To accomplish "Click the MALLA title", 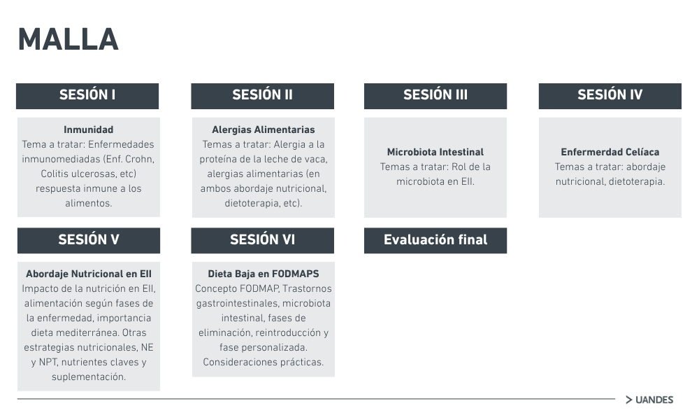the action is pos(69,40).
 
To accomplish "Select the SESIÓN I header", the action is pos(87,96).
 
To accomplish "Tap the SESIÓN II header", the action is pos(263,96).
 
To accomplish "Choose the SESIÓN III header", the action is pos(435,96).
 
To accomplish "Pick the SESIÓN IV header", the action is pos(610,96).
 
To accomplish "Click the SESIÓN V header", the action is pos(89,241).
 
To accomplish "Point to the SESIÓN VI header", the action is pos(263,241).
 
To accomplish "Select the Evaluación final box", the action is pos(435,241).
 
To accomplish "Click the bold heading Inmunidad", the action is pos(88,130).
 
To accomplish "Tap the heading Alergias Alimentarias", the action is pos(264,130).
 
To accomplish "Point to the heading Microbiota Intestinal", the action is pos(435,152).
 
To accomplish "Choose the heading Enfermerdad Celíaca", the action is pos(610,152).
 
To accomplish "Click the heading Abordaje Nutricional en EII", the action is pos(89,274).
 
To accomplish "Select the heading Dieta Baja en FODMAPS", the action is pos(264,274).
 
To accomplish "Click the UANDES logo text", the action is pos(654,400).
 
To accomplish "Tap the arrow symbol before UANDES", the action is pos(629,400).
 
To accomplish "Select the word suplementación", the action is pos(89,377).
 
